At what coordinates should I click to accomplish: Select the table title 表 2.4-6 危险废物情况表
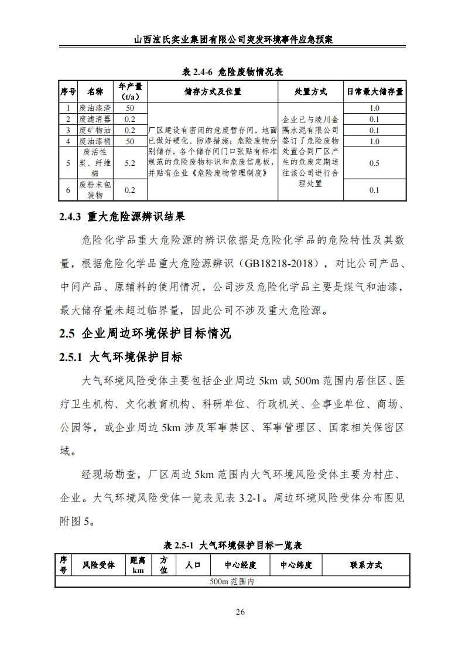pos(232,72)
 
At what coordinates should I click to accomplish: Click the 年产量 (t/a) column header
pos(130,91)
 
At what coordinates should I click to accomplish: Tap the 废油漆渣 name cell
pos(95,108)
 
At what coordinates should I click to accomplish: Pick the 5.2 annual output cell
pos(130,163)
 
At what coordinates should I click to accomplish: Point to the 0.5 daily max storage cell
pos(374,163)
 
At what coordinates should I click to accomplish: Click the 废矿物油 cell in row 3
pos(95,130)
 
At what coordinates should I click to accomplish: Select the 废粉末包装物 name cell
pos(95,190)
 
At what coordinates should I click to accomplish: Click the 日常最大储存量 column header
pos(374,91)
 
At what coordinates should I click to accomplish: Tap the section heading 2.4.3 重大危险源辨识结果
pos(122,217)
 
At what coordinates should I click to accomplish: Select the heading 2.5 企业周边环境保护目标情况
pos(145,333)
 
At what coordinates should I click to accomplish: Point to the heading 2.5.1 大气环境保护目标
pos(121,357)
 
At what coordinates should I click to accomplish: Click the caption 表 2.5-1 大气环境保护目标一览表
pos(232,546)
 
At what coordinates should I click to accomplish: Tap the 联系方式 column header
pos(366,565)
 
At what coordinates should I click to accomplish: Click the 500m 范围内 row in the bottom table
pos(232,582)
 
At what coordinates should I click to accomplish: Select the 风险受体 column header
pos(98,565)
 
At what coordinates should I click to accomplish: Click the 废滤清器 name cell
pos(95,120)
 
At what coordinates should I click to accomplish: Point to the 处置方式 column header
pos(310,91)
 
